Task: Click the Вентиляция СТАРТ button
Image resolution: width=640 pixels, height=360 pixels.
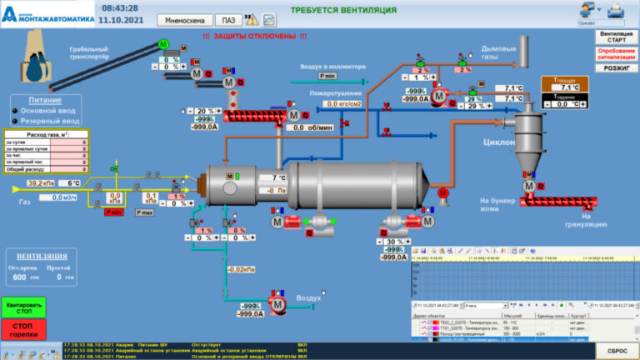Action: (x=616, y=37)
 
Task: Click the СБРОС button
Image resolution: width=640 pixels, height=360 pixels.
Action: (x=616, y=351)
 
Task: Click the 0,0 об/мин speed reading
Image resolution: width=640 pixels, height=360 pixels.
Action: (x=310, y=127)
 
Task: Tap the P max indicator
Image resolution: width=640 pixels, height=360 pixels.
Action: (x=145, y=212)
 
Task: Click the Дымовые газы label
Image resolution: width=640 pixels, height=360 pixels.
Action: (x=500, y=52)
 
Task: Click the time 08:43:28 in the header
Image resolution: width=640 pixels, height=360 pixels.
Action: (x=120, y=7)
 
